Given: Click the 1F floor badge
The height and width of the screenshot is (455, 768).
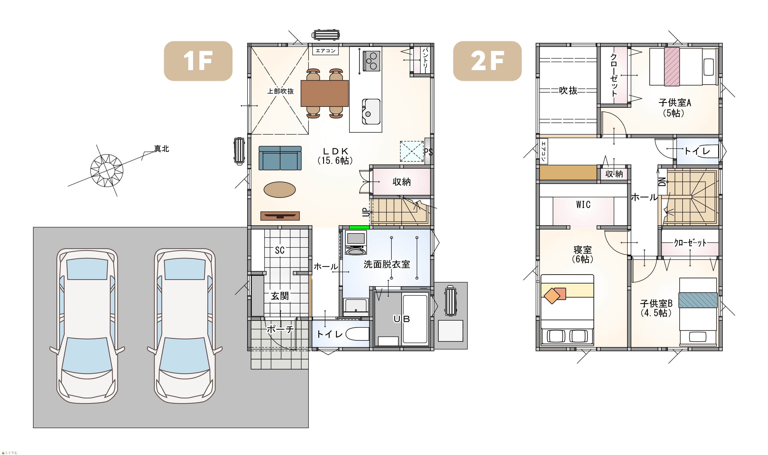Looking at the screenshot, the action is [198, 61].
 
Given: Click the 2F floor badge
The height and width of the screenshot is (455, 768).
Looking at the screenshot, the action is [487, 61].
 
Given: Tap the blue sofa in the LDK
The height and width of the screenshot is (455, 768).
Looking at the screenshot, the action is [280, 158].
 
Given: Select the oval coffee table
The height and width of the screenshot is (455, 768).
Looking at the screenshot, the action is [279, 189].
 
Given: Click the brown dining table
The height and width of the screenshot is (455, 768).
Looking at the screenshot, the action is [325, 93].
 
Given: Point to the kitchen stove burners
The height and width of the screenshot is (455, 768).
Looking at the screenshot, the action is [372, 61].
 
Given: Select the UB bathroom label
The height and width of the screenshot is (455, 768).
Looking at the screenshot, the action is [402, 319].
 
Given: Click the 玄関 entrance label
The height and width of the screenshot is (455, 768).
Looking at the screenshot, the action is [280, 296].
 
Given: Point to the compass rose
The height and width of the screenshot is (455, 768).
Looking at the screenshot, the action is [107, 170].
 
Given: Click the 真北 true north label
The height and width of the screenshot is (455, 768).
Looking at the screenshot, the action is [162, 149].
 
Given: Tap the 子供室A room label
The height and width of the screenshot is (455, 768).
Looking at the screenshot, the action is [675, 102].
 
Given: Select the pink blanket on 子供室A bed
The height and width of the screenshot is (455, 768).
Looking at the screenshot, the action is [672, 66].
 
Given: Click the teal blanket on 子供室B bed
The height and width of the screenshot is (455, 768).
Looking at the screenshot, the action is [698, 300].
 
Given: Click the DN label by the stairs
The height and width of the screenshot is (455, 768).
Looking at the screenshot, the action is [662, 182].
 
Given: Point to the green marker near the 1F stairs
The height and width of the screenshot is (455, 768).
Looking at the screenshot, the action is [359, 227].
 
